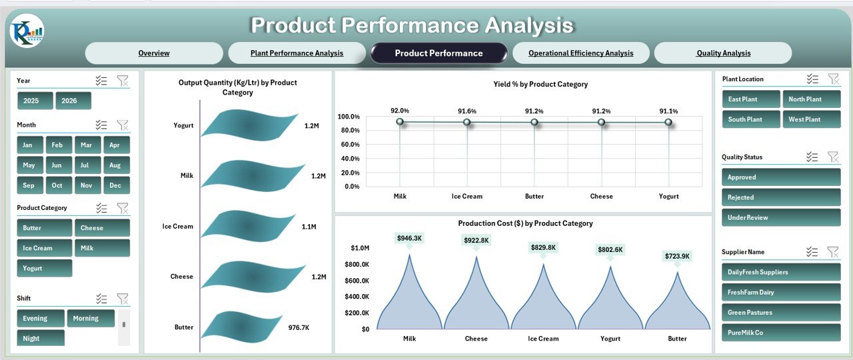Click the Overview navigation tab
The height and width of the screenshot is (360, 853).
click(154, 53)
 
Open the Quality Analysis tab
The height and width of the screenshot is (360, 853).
click(723, 53)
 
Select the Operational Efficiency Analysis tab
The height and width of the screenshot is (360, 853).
click(580, 53)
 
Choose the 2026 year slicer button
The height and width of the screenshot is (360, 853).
click(73, 101)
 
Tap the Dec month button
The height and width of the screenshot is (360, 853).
click(116, 185)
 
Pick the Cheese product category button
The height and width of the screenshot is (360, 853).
click(102, 228)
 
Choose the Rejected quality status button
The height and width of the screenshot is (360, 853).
click(781, 197)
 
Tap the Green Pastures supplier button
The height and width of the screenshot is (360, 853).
click(781, 312)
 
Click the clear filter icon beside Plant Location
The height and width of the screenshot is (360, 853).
click(834, 79)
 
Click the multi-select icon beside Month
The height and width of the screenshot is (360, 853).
click(101, 125)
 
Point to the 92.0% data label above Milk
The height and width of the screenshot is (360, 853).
click(400, 111)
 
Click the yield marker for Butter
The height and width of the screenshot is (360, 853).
click(534, 122)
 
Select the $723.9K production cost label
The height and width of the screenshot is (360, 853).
click(677, 256)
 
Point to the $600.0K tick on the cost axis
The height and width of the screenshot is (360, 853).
click(357, 281)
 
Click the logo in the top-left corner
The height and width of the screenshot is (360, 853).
click(27, 31)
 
